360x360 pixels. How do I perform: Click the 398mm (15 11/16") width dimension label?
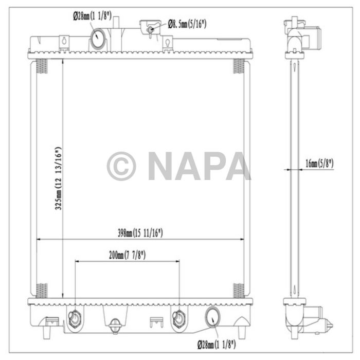point(140,233)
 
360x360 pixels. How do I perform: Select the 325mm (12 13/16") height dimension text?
point(58,178)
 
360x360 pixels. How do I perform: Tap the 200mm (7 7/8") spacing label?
point(127,255)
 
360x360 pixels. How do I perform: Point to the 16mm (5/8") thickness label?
point(319,164)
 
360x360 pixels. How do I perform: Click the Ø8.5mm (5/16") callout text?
point(187,24)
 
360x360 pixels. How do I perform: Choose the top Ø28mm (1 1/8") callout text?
point(92,16)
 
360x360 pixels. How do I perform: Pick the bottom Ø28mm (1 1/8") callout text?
point(217,345)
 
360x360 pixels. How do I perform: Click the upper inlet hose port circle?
point(98,38)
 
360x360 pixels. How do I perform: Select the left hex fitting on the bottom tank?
point(75,318)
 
